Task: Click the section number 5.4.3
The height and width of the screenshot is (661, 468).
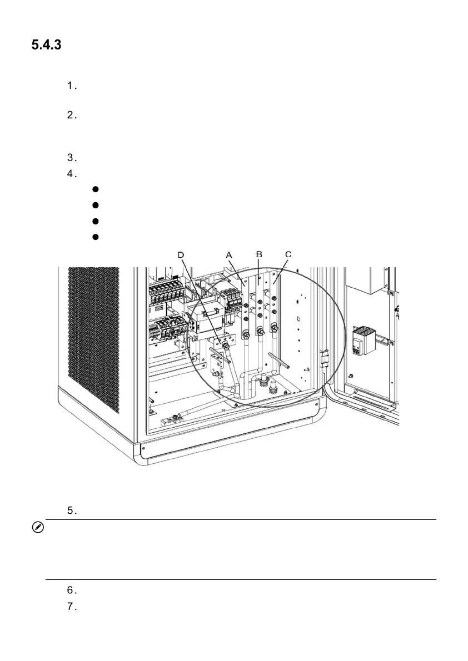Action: pyautogui.click(x=46, y=45)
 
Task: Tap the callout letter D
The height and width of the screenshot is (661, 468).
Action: pyautogui.click(x=181, y=254)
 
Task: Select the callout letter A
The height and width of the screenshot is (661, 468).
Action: pyautogui.click(x=228, y=254)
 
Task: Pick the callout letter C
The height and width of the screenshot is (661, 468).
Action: pyautogui.click(x=287, y=254)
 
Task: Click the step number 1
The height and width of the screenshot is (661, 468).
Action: pyautogui.click(x=71, y=86)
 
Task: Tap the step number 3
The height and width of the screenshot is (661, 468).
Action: pyautogui.click(x=71, y=157)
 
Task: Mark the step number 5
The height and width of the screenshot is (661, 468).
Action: pyautogui.click(x=71, y=510)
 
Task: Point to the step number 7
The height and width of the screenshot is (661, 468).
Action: pyautogui.click(x=71, y=606)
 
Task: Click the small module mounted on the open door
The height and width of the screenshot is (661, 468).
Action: pyautogui.click(x=362, y=339)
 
